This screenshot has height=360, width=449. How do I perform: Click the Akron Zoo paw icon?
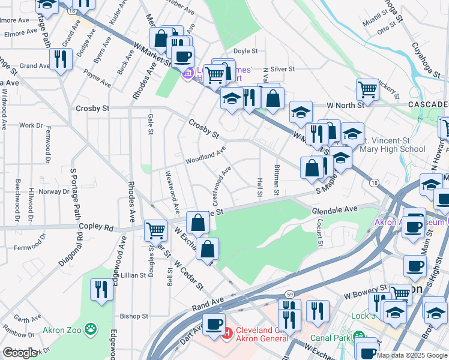point(91,329)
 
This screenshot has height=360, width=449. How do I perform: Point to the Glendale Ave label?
point(334,209)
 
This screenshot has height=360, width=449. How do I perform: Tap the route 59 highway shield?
point(289,293)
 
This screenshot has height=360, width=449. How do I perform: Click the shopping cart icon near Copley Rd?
point(155,229)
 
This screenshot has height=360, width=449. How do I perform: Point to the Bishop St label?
point(134,316)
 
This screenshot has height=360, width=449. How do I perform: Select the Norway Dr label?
point(54,191)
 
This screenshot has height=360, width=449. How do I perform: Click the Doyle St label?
point(245,52)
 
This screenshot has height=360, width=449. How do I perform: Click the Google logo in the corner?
point(20,353)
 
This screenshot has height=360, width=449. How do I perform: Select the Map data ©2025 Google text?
point(411,355)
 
